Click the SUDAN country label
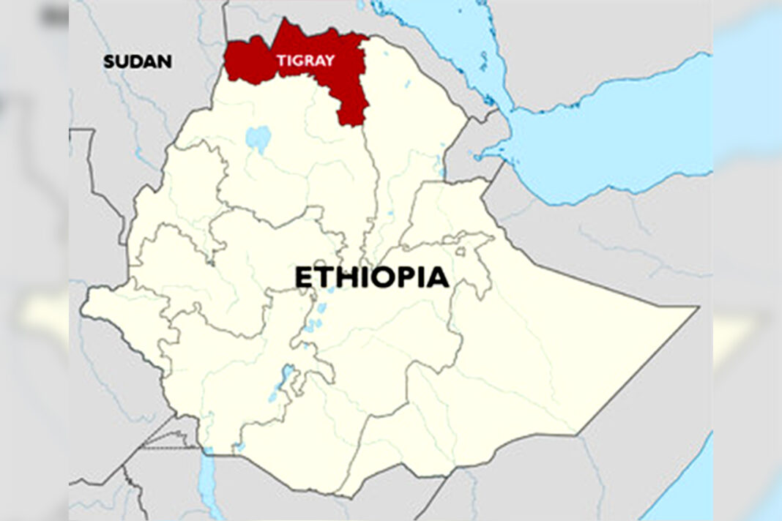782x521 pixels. click(138, 61)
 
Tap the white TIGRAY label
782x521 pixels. click(305, 61)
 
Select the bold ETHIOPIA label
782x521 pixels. click(372, 278)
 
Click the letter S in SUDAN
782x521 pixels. click(109, 61)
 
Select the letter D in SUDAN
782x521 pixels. click(137, 61)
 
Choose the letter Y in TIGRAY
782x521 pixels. click(330, 61)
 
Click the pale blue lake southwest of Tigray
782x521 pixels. click(258, 137)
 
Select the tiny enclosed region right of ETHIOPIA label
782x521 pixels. click(461, 252)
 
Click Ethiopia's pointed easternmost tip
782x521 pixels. click(696, 308)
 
